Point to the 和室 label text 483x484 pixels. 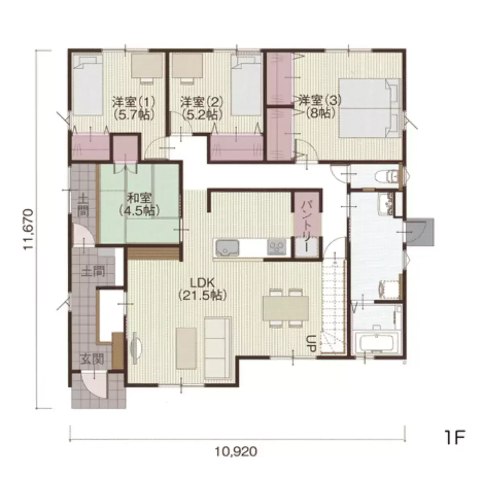click(x=139, y=199)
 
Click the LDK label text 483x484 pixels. click(x=202, y=284)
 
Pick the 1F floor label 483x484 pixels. click(x=455, y=444)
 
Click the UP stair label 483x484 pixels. click(x=312, y=343)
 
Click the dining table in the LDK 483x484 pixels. click(x=286, y=308)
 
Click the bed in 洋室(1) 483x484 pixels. click(x=88, y=86)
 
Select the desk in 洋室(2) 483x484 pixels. click(x=188, y=66)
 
